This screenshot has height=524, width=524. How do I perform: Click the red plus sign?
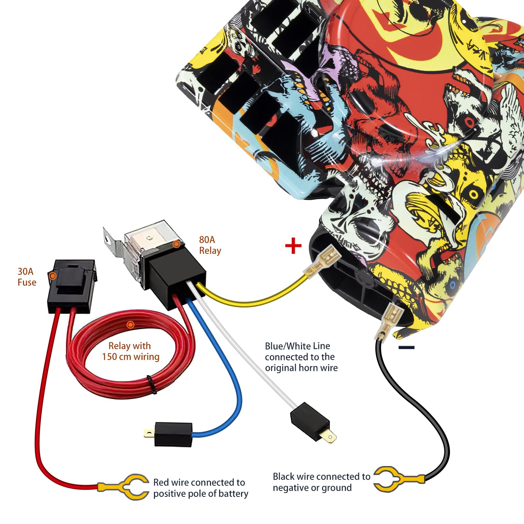pos(293,246)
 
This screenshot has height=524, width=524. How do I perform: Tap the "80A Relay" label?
pos(210,245)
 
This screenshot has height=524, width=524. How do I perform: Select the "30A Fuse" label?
pos(27,277)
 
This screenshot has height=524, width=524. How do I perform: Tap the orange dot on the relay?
pos(176,244)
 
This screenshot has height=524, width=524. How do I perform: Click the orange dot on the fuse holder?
pos(52,276)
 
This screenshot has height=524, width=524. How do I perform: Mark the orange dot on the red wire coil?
pos(130,325)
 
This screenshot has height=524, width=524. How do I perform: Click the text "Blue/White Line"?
pos(297,346)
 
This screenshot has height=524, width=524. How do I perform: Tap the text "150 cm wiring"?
pos(131,357)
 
